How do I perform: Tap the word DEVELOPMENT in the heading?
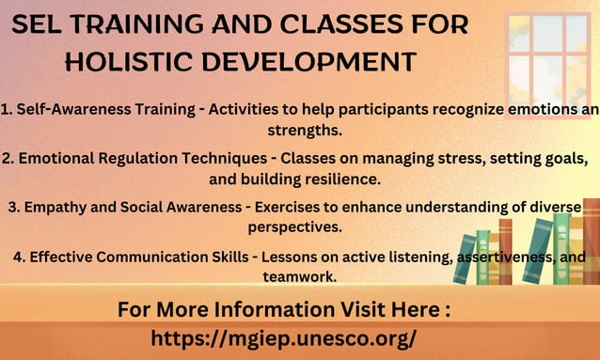310,62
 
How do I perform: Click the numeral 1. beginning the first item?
7,108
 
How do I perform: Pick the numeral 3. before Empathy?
12,206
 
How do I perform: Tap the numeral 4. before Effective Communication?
20,256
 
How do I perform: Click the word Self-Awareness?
66,108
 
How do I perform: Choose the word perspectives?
295,227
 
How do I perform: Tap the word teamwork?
299,276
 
